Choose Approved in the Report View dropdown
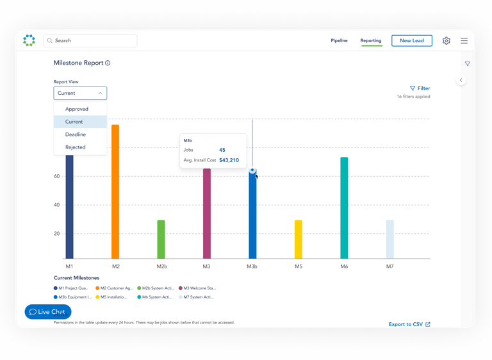[77, 109]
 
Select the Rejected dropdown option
[76, 147]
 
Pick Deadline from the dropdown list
[76, 135]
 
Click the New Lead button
[411, 40]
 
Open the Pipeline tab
[339, 40]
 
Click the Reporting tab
[371, 40]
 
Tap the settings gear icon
[447, 40]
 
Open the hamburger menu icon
[464, 40]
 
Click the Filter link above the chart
[420, 88]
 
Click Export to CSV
[409, 324]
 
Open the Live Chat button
[48, 312]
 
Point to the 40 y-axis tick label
[57, 205]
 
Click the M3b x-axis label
[252, 266]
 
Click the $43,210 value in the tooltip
[229, 160]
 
